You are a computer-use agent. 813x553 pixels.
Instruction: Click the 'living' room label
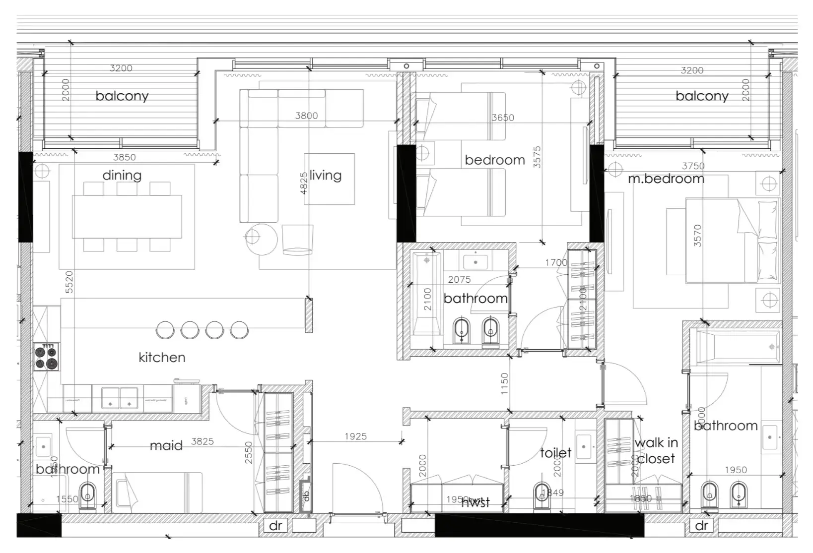click(326, 175)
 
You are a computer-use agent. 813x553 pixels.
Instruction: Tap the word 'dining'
click(122, 175)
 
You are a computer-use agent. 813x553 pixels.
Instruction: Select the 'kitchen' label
click(162, 357)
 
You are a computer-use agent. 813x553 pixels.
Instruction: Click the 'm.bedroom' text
click(666, 179)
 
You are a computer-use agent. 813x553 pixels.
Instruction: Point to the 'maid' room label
click(166, 445)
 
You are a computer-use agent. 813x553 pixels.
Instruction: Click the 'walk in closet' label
click(656, 450)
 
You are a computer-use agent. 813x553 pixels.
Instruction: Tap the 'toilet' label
click(555, 452)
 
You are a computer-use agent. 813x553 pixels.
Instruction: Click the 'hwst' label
click(475, 502)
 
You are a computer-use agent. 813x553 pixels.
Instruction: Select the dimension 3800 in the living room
click(306, 116)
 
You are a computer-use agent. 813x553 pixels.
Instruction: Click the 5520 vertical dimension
click(69, 282)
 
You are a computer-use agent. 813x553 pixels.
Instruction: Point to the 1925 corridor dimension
click(356, 436)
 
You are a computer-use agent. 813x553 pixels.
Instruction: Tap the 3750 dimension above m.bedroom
click(693, 166)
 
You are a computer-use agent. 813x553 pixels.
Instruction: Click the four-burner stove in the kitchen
click(46, 357)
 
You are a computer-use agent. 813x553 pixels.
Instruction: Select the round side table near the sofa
click(261, 240)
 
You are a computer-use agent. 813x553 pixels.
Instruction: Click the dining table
click(127, 217)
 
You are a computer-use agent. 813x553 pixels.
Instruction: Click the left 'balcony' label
click(122, 96)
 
